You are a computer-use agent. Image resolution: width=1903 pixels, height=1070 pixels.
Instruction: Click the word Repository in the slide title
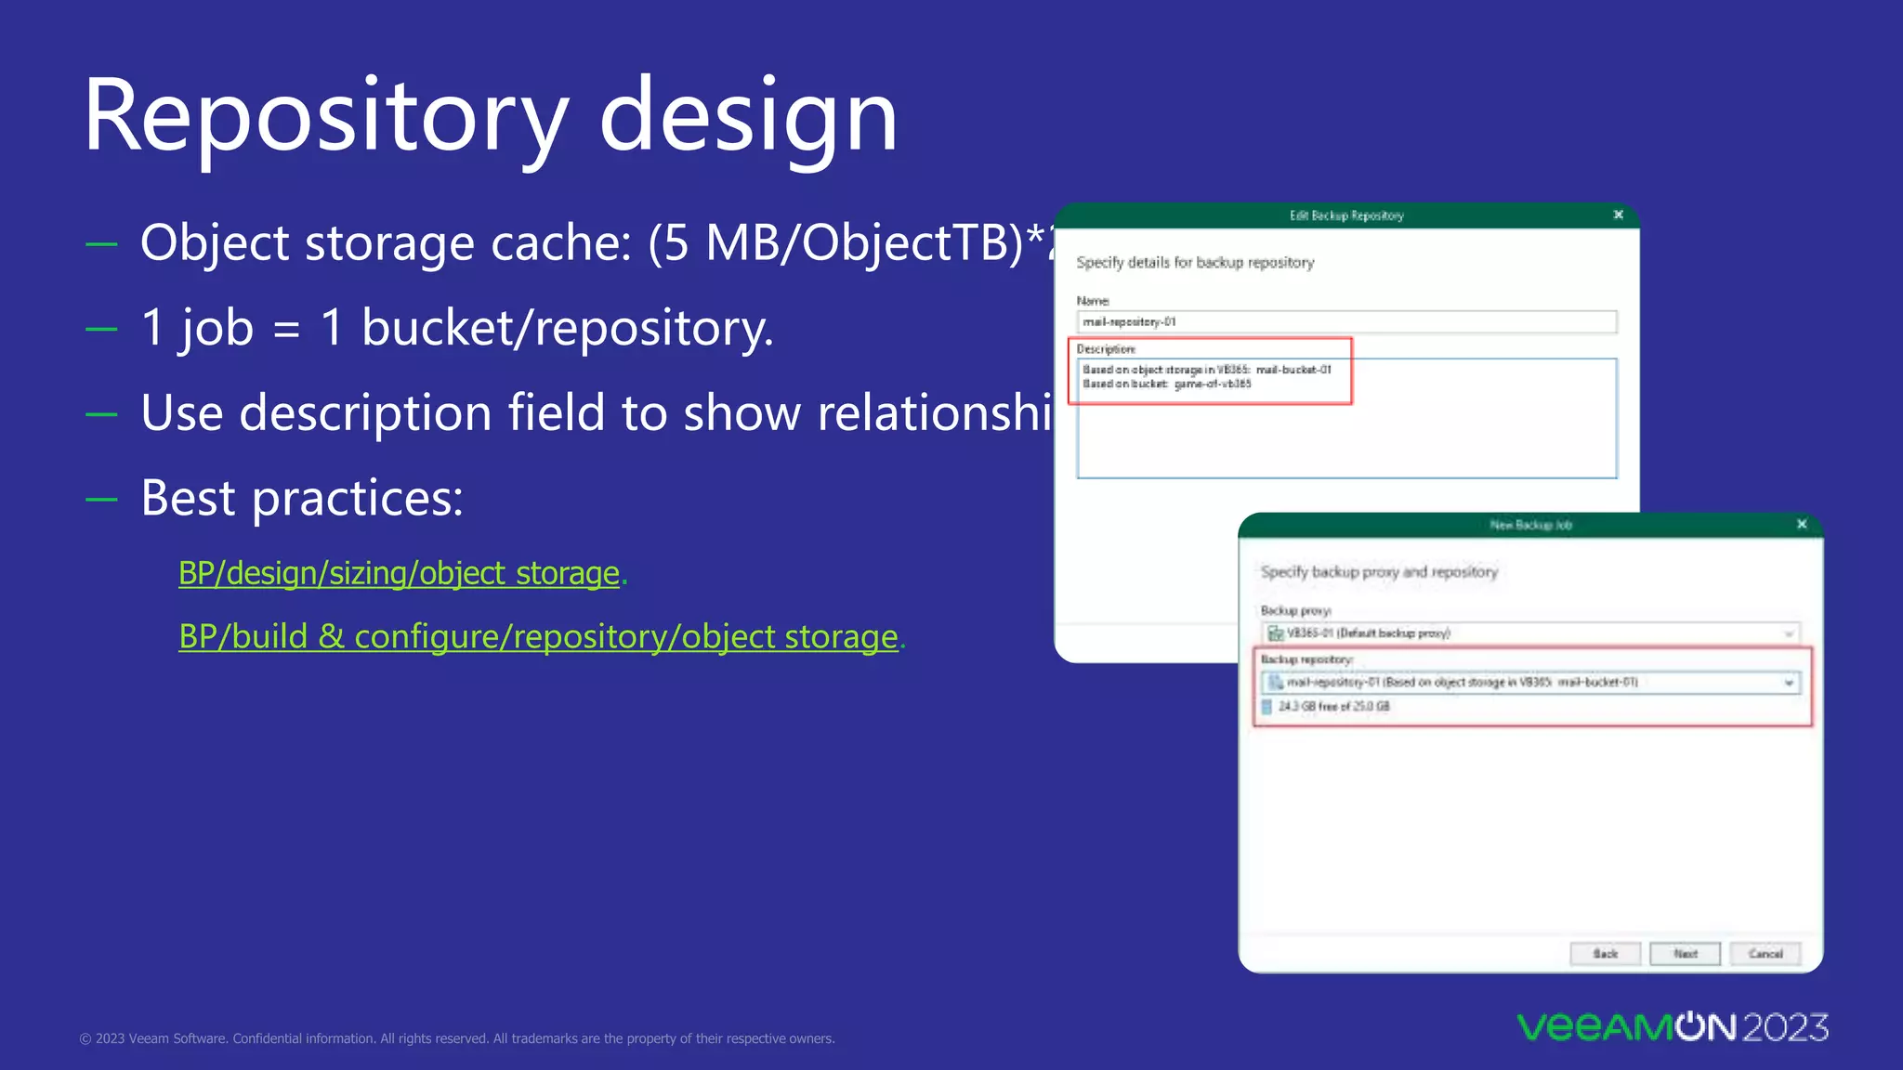click(x=325, y=116)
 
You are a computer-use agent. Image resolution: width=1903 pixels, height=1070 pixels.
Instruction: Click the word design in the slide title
click(x=748, y=116)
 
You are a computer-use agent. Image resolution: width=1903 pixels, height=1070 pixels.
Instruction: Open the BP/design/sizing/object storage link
click(x=400, y=573)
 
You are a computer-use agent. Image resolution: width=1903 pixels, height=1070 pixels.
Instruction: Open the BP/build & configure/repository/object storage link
click(x=539, y=637)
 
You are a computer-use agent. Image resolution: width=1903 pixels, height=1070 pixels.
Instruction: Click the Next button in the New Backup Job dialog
click(x=1685, y=954)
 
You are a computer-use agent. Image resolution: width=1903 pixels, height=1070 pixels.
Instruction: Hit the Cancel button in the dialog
click(x=1765, y=954)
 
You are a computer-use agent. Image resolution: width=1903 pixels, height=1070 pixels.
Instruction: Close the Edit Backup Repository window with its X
click(x=1619, y=215)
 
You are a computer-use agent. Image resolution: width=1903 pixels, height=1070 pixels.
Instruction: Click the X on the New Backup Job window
click(x=1802, y=524)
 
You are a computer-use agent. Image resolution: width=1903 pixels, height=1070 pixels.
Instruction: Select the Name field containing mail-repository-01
click(x=1345, y=321)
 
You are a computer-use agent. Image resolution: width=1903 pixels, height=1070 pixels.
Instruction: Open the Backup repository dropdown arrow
click(x=1789, y=683)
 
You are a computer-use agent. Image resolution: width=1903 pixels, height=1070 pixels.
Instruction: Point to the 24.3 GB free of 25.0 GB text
click(x=1333, y=707)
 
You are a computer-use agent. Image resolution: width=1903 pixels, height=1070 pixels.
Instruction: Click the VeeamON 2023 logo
click(x=1673, y=1027)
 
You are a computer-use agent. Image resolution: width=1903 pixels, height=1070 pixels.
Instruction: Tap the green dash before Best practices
click(x=101, y=499)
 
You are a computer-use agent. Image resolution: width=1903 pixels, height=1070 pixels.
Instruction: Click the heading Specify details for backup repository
click(x=1195, y=263)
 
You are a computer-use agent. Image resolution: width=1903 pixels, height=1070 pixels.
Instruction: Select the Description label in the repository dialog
click(x=1106, y=349)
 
